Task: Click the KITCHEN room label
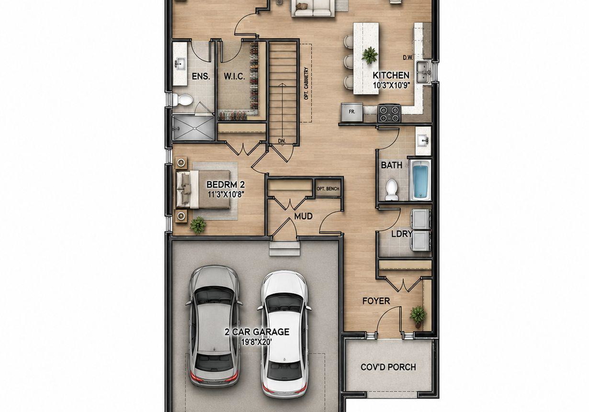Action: [391, 75]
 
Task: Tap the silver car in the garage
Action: [214, 326]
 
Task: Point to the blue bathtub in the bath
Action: [421, 180]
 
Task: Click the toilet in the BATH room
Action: [392, 190]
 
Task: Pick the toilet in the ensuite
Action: [183, 99]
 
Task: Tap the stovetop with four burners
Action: [389, 113]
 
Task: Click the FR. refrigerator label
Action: [352, 112]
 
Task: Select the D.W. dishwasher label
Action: [408, 58]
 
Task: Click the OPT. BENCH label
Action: [328, 189]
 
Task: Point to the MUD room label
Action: [304, 216]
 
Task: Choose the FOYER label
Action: [376, 301]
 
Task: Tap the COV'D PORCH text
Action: [388, 367]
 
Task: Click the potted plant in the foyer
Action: [418, 315]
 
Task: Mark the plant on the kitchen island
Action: [369, 55]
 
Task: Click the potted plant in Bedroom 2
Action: [198, 225]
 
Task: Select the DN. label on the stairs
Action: [282, 141]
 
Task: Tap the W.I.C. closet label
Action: [234, 77]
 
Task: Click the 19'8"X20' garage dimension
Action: [257, 342]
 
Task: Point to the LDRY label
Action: [402, 234]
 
